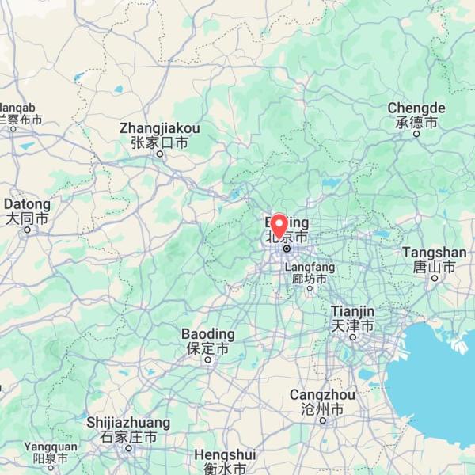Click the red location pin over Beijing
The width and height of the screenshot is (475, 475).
click(279, 225)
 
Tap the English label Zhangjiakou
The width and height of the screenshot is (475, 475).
click(159, 128)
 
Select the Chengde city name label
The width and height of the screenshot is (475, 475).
click(416, 108)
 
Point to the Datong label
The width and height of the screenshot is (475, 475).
click(28, 204)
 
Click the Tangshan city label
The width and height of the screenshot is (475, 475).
click(434, 253)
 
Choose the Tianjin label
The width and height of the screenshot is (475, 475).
click(352, 311)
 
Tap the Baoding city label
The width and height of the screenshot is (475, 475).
click(207, 333)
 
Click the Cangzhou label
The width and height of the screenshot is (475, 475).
click(322, 394)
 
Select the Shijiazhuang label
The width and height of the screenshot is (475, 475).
click(128, 422)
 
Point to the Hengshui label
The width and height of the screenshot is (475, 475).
click(225, 455)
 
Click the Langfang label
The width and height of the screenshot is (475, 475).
click(309, 268)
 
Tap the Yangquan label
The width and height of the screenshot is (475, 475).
click(51, 446)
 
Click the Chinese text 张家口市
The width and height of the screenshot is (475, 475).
click(159, 142)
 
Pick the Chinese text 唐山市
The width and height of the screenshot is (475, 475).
click(434, 267)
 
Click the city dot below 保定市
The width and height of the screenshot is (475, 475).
click(207, 359)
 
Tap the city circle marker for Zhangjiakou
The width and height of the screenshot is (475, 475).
click(159, 154)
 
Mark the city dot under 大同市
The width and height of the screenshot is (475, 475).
click(28, 230)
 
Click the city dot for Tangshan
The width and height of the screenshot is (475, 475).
click(434, 278)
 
